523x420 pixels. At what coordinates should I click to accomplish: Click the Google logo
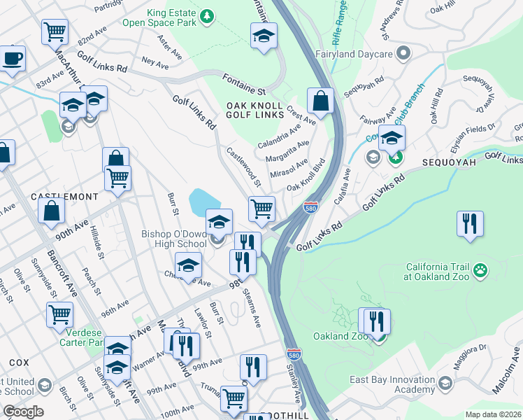23,412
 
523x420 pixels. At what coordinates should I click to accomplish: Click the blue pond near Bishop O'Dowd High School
204,202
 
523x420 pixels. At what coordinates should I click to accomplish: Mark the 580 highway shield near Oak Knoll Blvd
310,207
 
